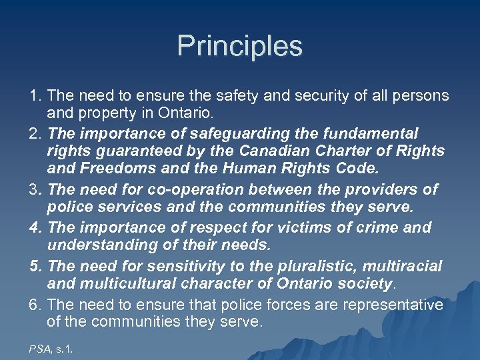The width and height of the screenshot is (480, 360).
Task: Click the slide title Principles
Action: pos(240,47)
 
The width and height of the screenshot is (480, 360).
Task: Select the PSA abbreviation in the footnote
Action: pos(39,347)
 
